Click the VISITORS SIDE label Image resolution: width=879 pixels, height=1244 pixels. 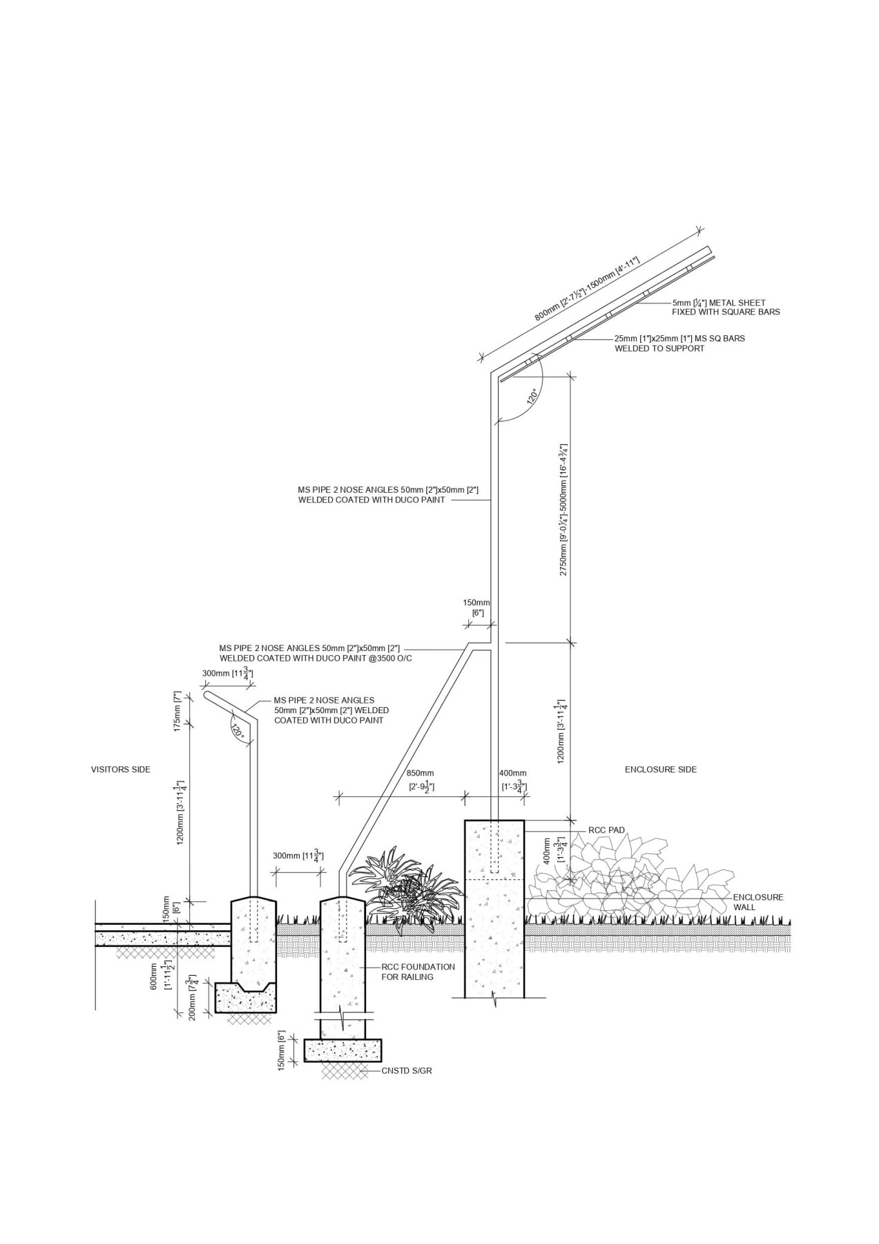click(x=121, y=769)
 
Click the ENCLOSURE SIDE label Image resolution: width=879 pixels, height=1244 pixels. click(x=661, y=769)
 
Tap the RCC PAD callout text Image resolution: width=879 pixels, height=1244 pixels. click(x=606, y=829)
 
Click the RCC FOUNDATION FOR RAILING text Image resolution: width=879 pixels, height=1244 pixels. click(x=418, y=972)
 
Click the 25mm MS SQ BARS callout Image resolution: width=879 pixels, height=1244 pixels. click(x=679, y=343)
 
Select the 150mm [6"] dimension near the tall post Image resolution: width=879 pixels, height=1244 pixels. click(x=476, y=607)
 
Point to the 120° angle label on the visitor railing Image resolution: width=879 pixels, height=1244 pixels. click(x=238, y=731)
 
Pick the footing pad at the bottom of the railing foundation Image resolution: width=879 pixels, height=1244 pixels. click(x=342, y=1050)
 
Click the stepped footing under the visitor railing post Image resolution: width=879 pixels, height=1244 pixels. click(x=247, y=997)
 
